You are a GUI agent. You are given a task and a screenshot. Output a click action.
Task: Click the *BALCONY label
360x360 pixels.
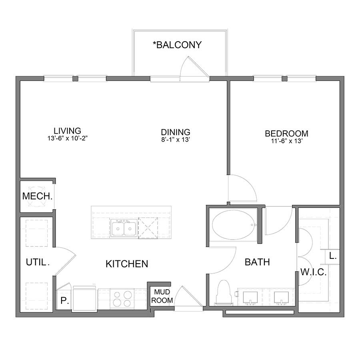(177, 44)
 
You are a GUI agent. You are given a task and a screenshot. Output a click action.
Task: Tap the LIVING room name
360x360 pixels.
(68, 131)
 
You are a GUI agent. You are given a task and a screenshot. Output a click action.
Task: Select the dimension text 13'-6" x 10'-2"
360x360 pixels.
(68, 138)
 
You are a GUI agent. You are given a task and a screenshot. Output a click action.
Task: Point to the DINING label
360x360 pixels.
(175, 132)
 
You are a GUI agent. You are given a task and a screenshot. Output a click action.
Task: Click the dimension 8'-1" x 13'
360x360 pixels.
(175, 140)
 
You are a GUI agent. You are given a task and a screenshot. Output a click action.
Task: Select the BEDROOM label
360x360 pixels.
(286, 134)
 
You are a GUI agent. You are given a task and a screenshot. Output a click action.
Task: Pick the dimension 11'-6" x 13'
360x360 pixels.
(286, 141)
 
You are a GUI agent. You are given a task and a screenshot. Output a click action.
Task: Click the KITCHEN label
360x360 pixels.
(127, 264)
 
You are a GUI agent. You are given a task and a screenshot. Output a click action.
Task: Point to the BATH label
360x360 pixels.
(257, 262)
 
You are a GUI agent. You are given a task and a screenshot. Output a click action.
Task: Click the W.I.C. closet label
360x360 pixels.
(314, 273)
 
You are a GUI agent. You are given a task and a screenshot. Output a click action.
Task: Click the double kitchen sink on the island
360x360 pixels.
(124, 229)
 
